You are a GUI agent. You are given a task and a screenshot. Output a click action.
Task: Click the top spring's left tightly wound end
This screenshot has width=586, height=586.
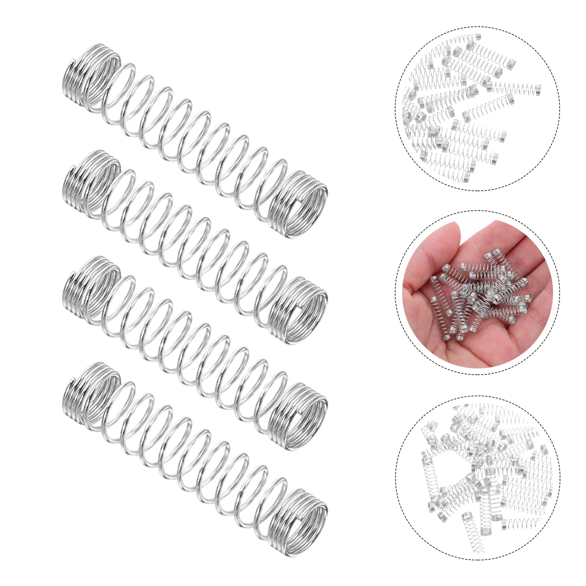point(90,75)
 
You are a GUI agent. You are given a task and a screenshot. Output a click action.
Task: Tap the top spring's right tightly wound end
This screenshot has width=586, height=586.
point(298,203)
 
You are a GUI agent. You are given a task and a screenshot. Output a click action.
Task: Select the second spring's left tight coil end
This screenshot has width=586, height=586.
point(90,181)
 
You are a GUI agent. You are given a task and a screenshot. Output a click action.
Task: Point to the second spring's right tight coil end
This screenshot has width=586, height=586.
point(298,309)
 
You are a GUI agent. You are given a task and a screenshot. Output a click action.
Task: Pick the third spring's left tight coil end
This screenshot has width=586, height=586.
point(90,288)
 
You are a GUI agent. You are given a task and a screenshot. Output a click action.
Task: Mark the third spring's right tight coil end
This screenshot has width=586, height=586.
point(298,416)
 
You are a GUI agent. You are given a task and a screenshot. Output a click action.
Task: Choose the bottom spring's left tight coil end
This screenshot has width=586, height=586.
point(90,394)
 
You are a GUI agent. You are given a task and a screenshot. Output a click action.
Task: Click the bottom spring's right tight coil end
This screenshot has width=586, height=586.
point(298,522)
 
